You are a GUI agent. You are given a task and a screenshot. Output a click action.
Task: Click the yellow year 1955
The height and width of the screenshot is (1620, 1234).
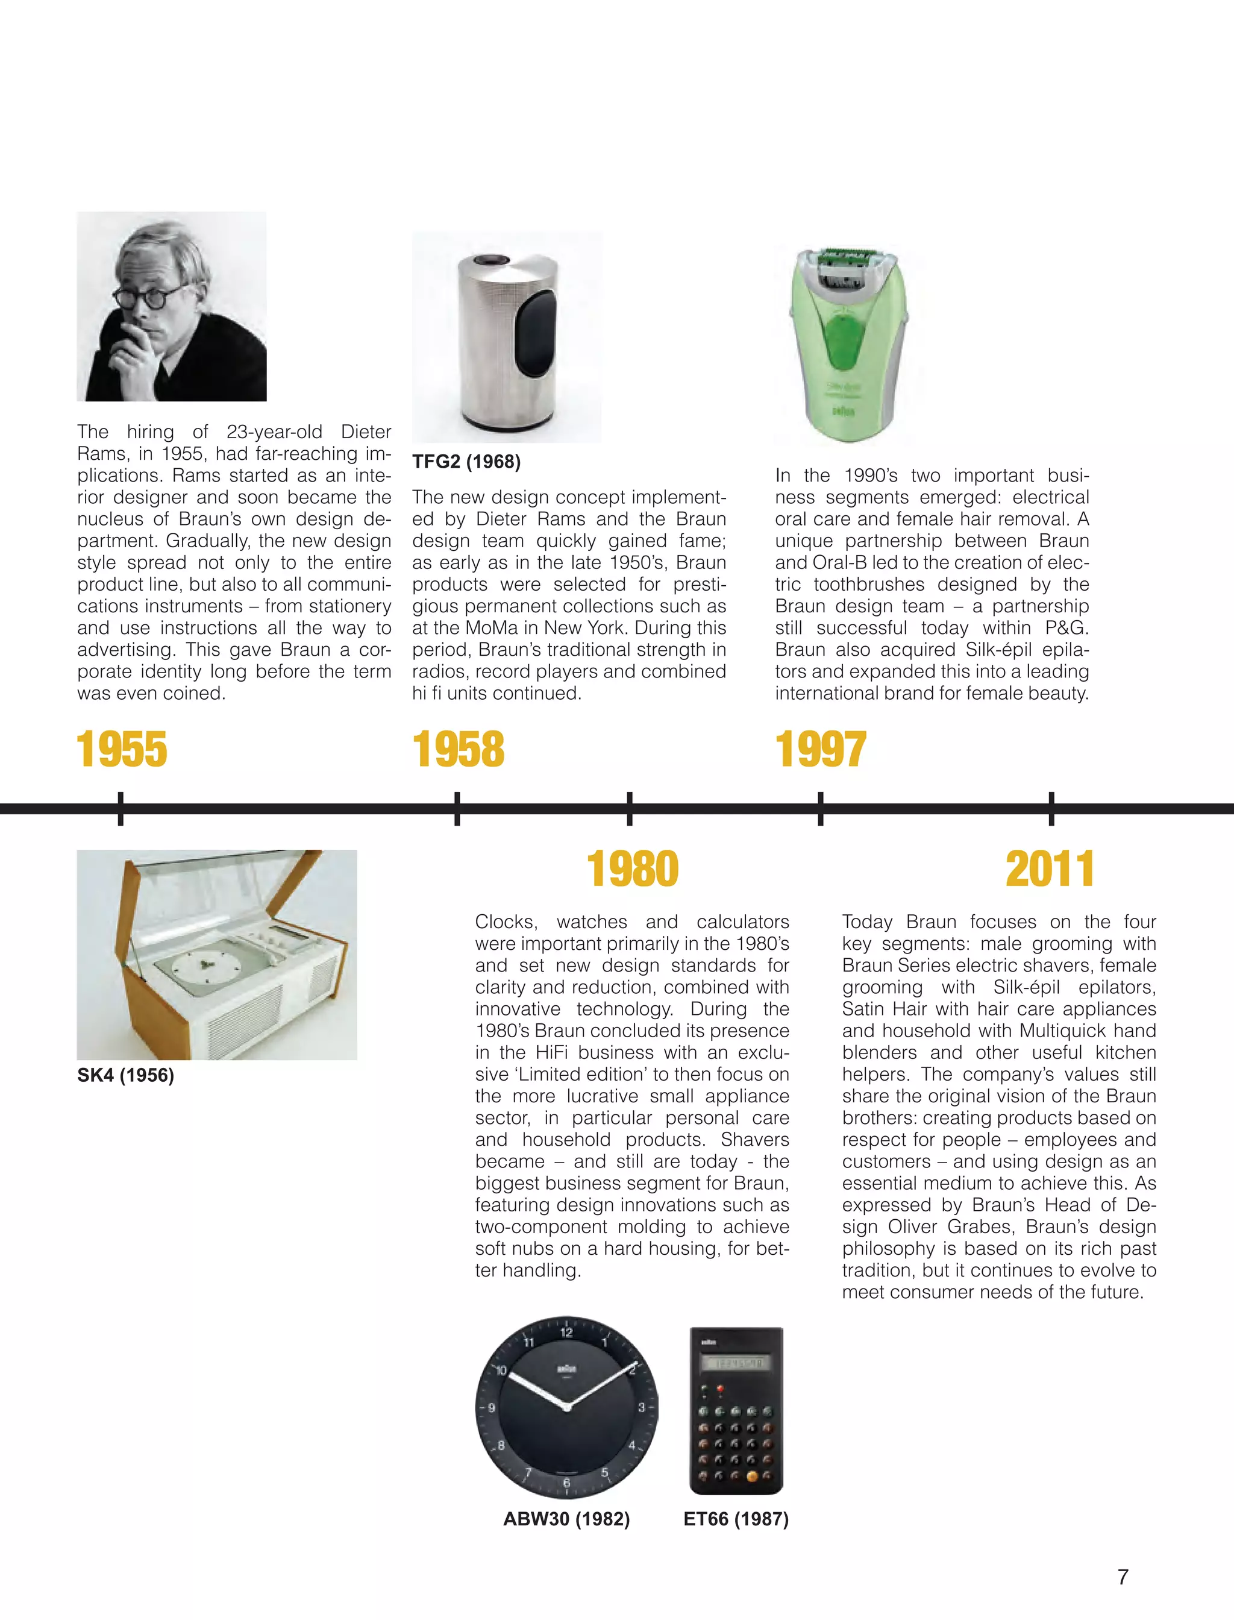[x=122, y=749]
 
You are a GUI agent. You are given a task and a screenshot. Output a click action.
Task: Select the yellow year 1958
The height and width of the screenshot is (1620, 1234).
[x=459, y=749]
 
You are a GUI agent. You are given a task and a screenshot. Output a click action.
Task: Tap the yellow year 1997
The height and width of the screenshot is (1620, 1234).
[x=821, y=749]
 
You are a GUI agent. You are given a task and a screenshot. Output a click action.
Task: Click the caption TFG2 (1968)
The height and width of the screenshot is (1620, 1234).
[x=466, y=462]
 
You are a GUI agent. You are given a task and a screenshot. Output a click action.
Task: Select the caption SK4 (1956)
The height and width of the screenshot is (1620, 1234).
[x=125, y=1076]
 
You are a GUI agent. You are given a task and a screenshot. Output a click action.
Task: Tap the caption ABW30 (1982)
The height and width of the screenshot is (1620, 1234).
[x=566, y=1519]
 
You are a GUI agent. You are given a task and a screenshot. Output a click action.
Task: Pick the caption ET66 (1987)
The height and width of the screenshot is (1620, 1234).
[x=736, y=1519]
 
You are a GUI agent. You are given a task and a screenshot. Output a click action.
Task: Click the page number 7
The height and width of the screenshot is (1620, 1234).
[x=1123, y=1577]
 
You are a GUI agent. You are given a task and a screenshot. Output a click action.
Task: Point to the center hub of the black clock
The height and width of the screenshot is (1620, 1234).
[x=566, y=1407]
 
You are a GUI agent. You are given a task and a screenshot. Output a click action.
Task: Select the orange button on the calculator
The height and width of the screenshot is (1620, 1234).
[x=752, y=1475]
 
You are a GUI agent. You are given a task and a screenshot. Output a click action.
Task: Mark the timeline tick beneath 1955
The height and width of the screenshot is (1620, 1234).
[x=121, y=808]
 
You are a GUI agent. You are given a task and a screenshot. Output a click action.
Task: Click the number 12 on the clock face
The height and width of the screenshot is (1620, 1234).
[x=566, y=1333]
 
